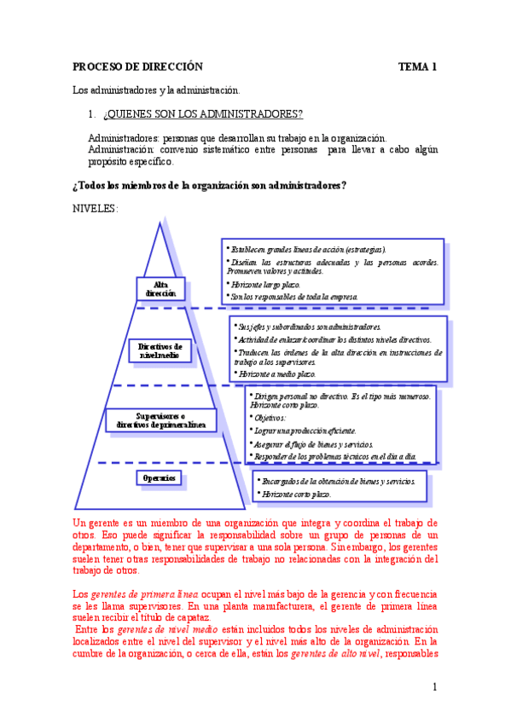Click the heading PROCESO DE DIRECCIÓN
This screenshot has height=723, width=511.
click(x=137, y=67)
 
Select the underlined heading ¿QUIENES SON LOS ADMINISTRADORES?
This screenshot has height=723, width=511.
click(x=202, y=114)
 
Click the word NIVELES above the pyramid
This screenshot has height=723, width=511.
click(x=96, y=209)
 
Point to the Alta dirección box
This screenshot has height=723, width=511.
click(x=160, y=288)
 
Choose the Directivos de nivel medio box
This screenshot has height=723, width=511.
click(x=160, y=350)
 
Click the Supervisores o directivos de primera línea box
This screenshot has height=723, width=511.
click(x=160, y=419)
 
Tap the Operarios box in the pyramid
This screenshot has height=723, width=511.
click(x=160, y=478)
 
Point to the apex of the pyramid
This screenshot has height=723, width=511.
click(x=160, y=224)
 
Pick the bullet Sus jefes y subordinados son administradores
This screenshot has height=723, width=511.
click(x=309, y=327)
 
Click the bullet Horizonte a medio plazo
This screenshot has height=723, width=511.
click(x=276, y=374)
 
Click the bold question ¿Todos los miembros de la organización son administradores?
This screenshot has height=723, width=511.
click(x=209, y=186)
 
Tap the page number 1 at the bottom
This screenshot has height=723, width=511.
click(x=434, y=687)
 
